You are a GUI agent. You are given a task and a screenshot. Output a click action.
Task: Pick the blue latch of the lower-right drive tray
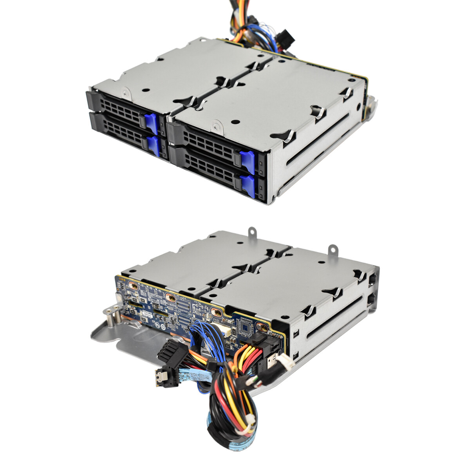pyautogui.click(x=248, y=186)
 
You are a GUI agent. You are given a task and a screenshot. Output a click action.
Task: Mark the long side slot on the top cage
pyautogui.click(x=317, y=141)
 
